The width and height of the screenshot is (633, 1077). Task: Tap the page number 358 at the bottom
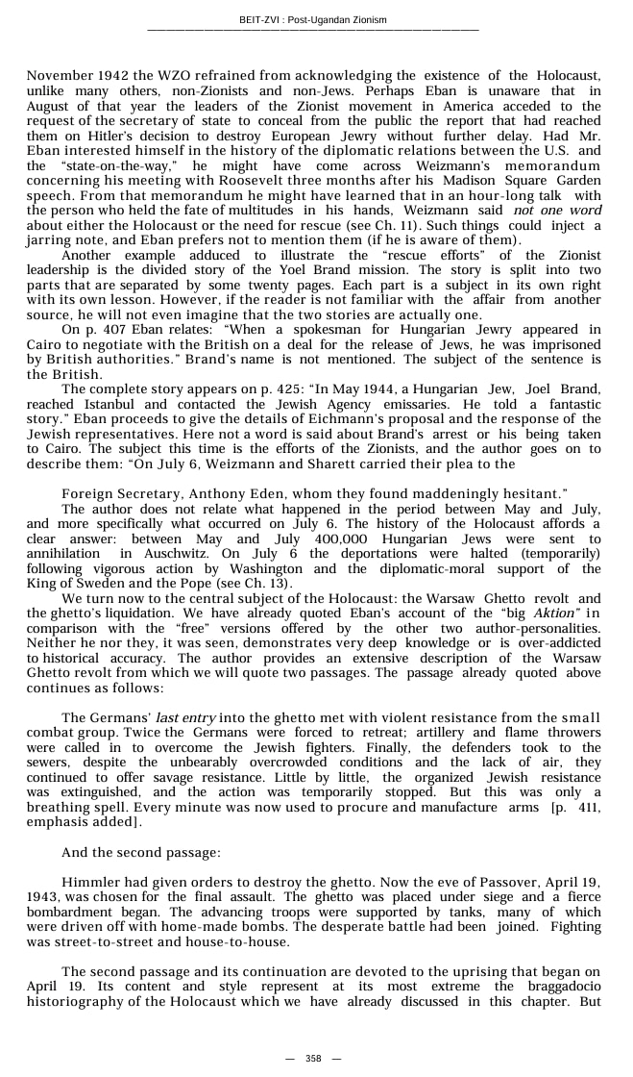pyautogui.click(x=313, y=1059)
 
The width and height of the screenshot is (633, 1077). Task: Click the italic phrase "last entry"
pyautogui.click(x=186, y=718)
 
